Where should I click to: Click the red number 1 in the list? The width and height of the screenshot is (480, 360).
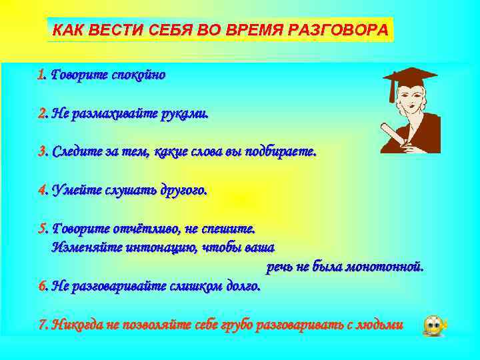41,75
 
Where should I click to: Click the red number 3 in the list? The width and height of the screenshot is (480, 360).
41,152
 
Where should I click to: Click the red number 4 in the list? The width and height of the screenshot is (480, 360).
41,191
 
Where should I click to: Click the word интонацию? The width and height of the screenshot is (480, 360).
157,248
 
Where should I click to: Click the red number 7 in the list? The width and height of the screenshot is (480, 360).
41,325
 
